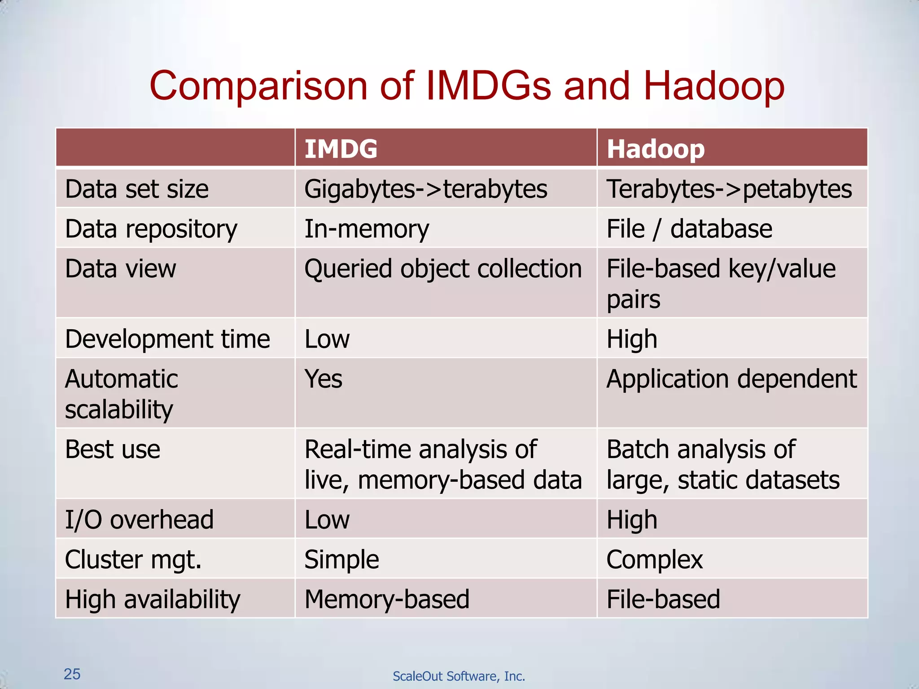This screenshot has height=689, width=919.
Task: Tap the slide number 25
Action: click(72, 674)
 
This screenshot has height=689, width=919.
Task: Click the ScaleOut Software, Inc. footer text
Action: click(459, 676)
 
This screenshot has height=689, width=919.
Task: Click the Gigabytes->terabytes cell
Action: click(425, 189)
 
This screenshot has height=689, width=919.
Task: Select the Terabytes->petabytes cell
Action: click(729, 189)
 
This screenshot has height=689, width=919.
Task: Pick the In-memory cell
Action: click(367, 229)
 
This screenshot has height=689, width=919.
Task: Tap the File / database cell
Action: click(689, 229)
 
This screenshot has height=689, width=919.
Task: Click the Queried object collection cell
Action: click(443, 269)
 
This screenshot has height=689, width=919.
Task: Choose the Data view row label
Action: click(120, 269)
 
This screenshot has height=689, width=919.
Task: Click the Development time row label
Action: click(167, 339)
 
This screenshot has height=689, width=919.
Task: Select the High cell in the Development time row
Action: click(631, 339)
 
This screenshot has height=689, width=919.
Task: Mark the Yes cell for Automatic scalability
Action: click(323, 379)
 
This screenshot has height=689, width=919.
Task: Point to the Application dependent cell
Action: click(731, 379)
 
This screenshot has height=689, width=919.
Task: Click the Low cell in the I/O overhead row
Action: click(327, 519)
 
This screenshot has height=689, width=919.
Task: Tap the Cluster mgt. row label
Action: click(133, 559)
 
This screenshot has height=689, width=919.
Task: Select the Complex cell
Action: click(654, 559)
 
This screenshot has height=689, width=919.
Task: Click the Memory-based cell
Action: click(387, 599)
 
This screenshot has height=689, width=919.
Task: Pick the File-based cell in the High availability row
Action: click(663, 599)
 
